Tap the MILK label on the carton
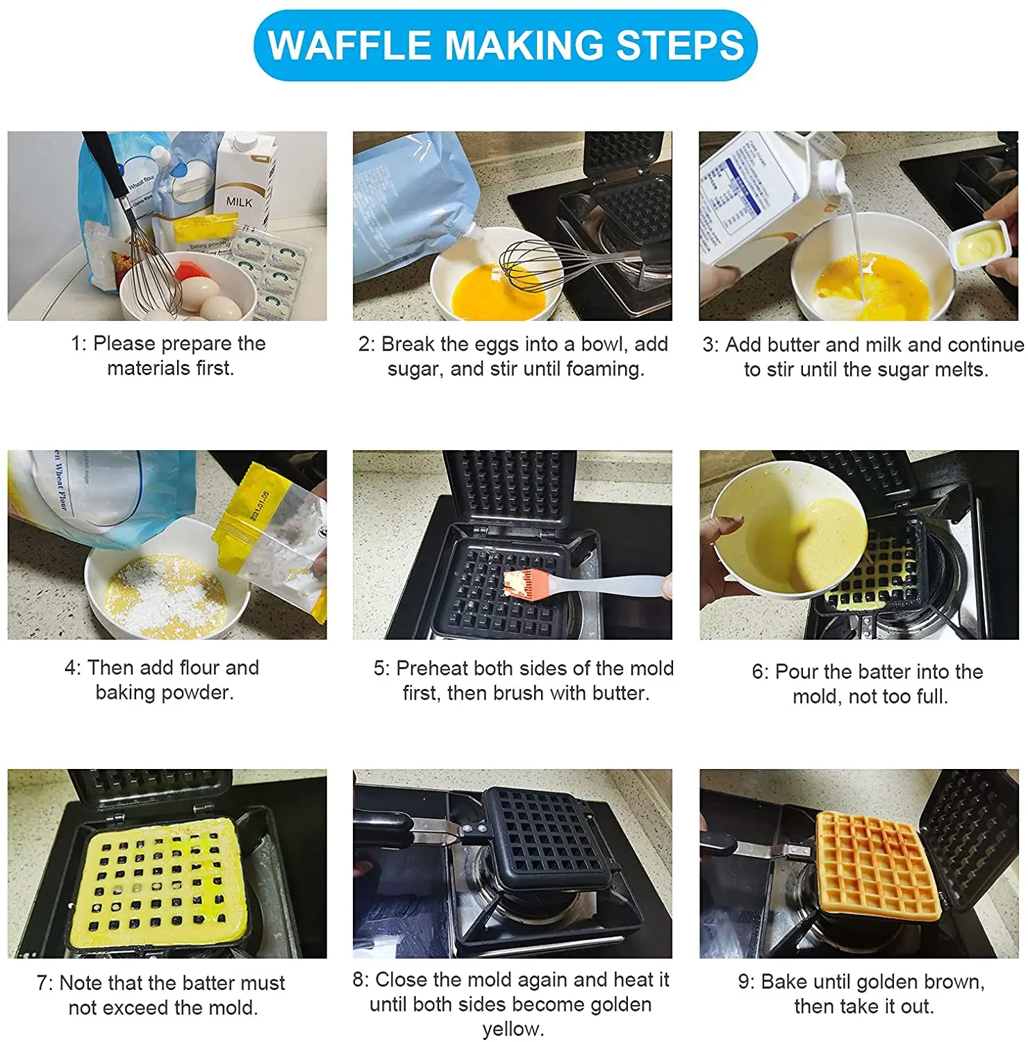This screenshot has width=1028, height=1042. coord(239,201)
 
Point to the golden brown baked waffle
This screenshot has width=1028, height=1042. coord(877,864)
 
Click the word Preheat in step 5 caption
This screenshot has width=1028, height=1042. coord(431,668)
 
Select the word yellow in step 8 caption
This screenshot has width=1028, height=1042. coord(513,1029)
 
